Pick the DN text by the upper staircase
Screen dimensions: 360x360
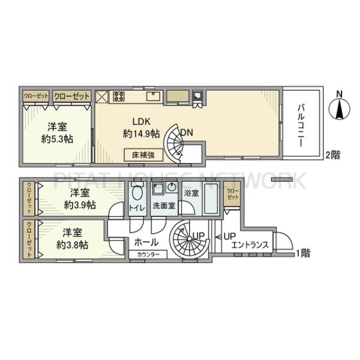(187, 133)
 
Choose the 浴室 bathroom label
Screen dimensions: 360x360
(191, 194)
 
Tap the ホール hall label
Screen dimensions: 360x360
(146, 242)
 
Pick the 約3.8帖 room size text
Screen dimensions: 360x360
(73, 245)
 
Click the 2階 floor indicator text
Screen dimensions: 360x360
(333, 154)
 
